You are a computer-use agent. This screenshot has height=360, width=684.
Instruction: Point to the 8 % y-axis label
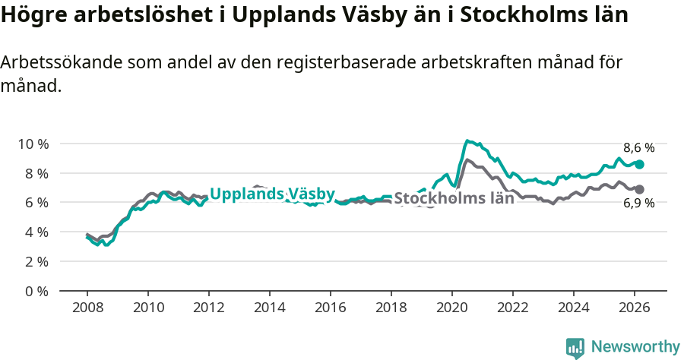tap(35, 173)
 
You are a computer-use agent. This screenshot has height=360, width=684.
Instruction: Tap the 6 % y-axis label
tap(35, 203)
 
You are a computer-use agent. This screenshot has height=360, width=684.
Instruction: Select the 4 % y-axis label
tap(35, 232)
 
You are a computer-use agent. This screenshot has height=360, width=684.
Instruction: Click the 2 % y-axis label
tap(35, 261)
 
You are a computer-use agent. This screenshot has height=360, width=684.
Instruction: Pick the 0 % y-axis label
tap(35, 291)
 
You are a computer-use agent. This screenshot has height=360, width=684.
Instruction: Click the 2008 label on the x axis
tap(87, 308)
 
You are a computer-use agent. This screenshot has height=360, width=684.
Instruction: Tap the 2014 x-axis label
tap(270, 308)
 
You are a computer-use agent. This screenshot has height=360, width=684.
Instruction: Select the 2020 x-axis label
tap(452, 308)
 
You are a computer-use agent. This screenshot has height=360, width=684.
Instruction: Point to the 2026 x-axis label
tap(635, 308)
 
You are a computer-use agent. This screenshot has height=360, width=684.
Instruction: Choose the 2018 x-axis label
tap(391, 308)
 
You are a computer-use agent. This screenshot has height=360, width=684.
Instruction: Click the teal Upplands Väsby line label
tap(272, 194)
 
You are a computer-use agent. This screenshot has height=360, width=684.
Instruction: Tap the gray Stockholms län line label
tap(454, 199)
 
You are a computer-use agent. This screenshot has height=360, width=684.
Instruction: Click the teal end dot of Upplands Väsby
tap(640, 164)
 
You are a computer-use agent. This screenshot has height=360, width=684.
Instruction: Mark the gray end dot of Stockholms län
tap(640, 189)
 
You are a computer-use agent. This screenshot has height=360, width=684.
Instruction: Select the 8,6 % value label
tap(638, 148)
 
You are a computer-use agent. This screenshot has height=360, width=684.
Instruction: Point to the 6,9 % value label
tap(638, 203)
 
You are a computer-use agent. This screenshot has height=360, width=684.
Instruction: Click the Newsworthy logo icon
tap(575, 348)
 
